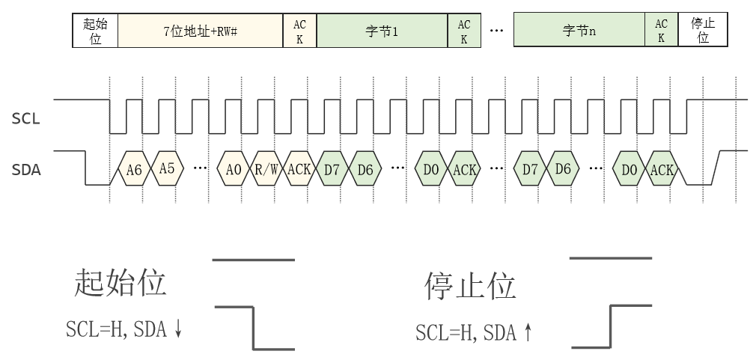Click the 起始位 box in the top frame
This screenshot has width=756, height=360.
click(x=95, y=31)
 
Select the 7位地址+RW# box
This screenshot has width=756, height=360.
click(x=201, y=31)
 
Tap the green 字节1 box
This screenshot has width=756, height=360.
click(x=382, y=31)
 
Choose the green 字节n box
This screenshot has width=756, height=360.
click(x=579, y=31)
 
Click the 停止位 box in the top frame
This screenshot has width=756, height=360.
click(x=703, y=31)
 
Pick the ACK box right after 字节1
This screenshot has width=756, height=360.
click(x=464, y=31)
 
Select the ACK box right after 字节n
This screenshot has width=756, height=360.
click(x=662, y=31)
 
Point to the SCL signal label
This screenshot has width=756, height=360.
click(x=25, y=118)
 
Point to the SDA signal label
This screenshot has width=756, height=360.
click(x=26, y=170)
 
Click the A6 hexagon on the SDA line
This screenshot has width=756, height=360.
click(x=134, y=169)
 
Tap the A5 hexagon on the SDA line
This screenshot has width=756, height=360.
click(x=167, y=169)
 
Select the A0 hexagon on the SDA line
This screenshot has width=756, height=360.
click(x=234, y=169)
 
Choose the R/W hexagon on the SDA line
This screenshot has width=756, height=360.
click(x=266, y=169)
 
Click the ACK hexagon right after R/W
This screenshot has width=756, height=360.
click(x=299, y=169)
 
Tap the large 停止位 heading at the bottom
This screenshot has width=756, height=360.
click(x=470, y=287)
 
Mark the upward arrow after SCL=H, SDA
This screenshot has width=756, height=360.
click(x=528, y=332)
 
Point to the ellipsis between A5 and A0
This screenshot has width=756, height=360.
click(x=200, y=169)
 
